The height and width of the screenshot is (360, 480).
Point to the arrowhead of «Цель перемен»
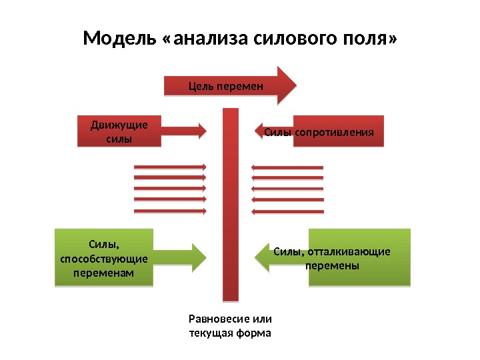pos(287,85)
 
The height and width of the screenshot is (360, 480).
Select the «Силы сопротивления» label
pos(319,132)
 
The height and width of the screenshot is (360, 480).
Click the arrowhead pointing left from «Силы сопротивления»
pos(261,131)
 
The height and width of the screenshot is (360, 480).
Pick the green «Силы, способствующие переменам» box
pos(103,257)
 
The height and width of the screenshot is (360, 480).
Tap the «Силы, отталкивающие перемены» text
pos(332,258)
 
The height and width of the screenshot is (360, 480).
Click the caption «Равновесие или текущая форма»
pos(231,325)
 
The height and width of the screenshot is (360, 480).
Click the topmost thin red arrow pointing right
pos(170,167)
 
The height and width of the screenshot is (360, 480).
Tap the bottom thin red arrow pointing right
pos(170,211)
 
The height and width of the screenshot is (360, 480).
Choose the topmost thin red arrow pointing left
pos(287,167)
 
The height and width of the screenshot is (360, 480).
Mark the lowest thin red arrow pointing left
pos(287,212)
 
